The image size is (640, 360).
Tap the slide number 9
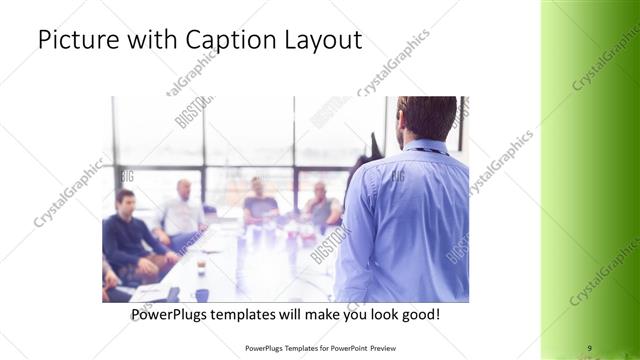pos(589,347)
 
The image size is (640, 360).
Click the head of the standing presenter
pos(427,117)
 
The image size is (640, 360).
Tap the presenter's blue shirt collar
pos(424,144)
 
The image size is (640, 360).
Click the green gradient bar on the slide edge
pos(590,180)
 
